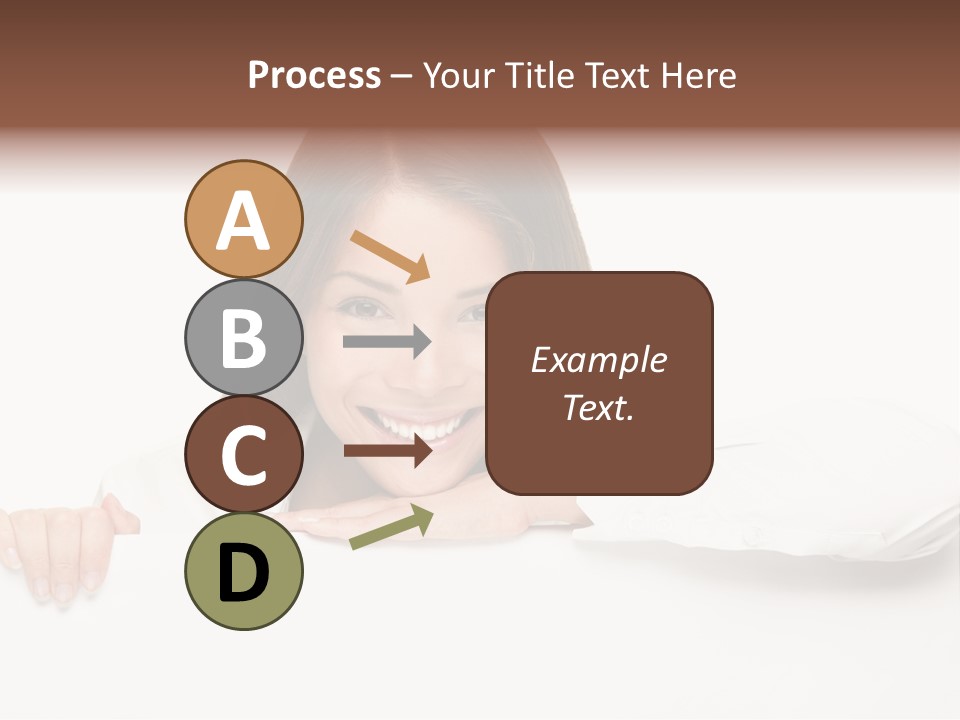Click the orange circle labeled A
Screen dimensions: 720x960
point(244,219)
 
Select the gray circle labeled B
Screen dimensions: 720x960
point(244,337)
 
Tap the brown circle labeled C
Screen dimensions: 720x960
point(244,454)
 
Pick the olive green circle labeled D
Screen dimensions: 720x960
point(244,572)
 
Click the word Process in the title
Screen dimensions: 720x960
point(314,76)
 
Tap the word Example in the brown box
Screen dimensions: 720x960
point(598,360)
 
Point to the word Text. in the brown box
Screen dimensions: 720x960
point(598,407)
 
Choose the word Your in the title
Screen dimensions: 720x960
point(460,76)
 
